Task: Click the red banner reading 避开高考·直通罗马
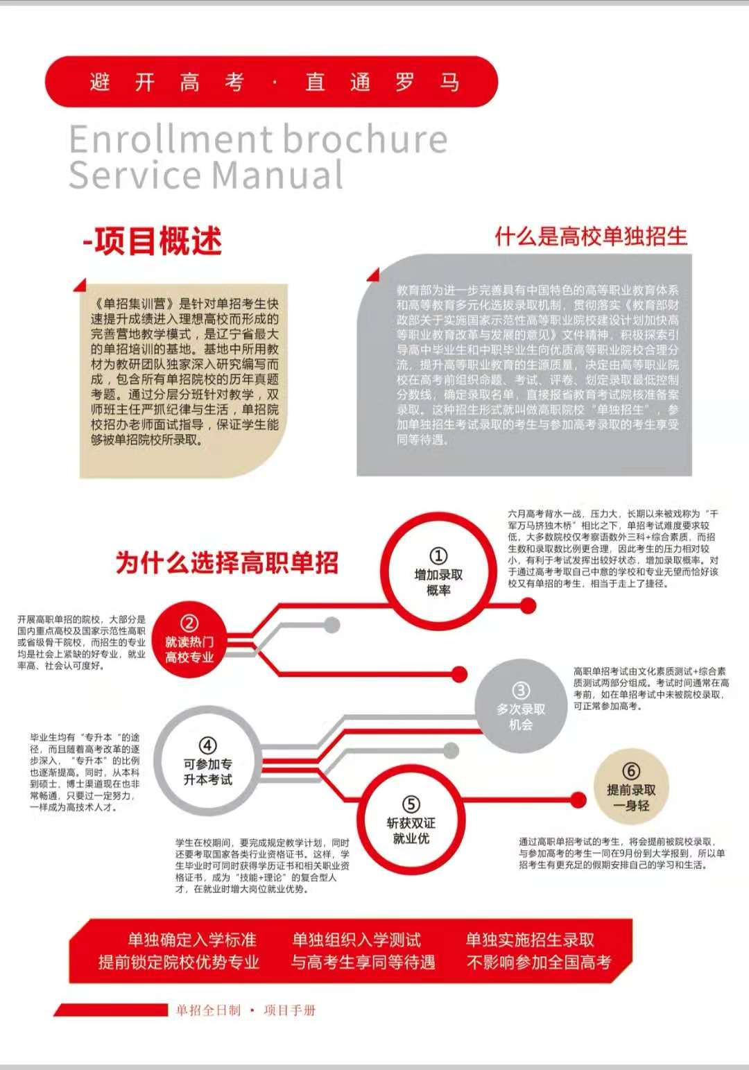(x=272, y=82)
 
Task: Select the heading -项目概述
(x=153, y=241)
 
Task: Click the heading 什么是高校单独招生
(x=591, y=236)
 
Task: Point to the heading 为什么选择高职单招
(x=227, y=562)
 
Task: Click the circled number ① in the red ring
(x=438, y=556)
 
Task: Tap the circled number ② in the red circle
(x=189, y=623)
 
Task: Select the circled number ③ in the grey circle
(x=521, y=691)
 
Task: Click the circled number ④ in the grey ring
(x=207, y=745)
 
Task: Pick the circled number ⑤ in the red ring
(x=411, y=804)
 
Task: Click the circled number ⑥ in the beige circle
(x=631, y=771)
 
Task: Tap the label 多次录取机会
(x=521, y=717)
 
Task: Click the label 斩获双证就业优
(x=411, y=831)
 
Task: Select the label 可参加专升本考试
(x=207, y=772)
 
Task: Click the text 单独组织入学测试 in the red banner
(x=356, y=940)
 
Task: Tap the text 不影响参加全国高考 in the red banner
(x=539, y=962)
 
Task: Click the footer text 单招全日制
(x=208, y=1010)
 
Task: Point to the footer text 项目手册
(x=290, y=1010)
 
